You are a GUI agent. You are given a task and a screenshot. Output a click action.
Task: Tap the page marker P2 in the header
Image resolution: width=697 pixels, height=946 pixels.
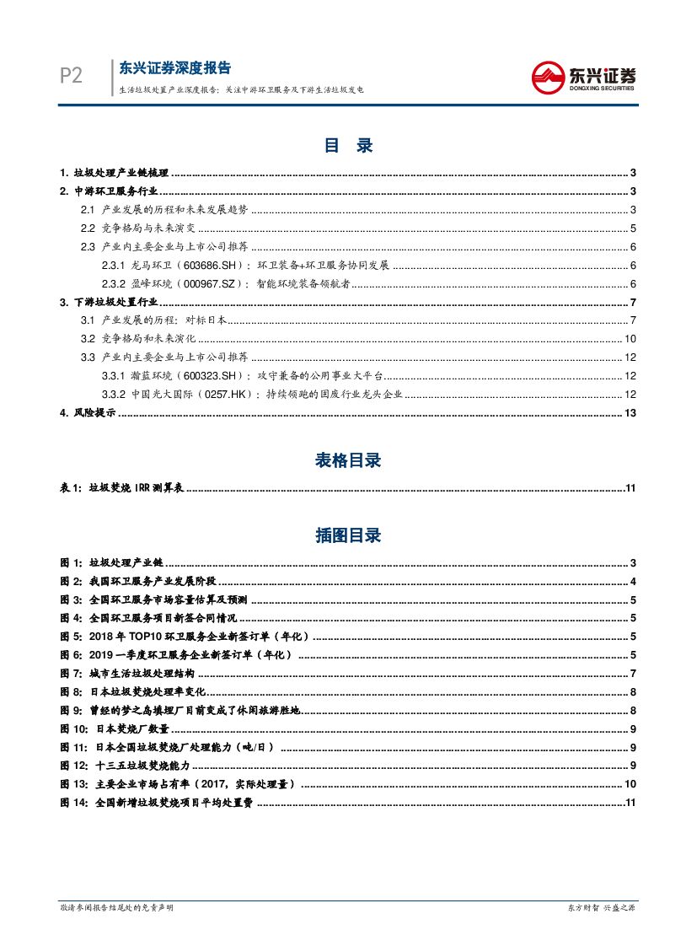coord(71,76)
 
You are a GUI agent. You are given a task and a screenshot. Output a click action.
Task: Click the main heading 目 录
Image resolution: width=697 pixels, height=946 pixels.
coord(348,145)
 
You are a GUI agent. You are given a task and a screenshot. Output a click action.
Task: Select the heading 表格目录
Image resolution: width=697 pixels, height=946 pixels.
coord(348,460)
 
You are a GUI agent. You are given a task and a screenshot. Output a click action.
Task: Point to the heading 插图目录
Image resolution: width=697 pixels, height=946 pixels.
coord(348,535)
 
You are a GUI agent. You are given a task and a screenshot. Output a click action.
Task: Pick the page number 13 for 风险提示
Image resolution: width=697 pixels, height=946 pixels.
coord(630,412)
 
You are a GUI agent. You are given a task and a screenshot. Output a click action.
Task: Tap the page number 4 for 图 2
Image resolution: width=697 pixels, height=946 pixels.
coord(632,581)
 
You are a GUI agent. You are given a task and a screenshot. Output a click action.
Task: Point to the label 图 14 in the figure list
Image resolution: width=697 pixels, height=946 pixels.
coord(73,804)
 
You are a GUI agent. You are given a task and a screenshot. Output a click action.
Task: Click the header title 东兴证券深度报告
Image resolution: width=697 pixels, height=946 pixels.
coord(175,68)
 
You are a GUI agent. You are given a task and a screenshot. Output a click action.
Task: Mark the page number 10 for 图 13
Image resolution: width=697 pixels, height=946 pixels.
coord(630,785)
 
